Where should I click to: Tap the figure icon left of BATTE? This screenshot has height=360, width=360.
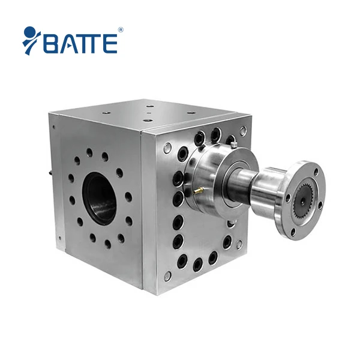pyautogui.click(x=31, y=40)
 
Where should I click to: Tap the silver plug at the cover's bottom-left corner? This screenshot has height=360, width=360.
pyautogui.click(x=168, y=275)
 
